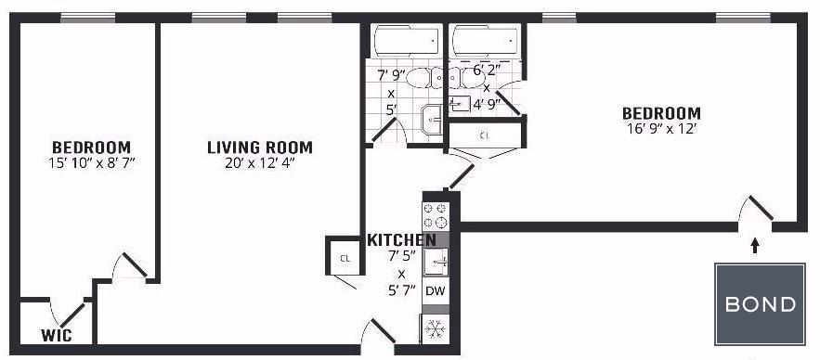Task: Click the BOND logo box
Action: (760, 303)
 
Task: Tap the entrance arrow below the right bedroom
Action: (755, 246)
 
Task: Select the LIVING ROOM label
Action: (260, 148)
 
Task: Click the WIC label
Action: (57, 335)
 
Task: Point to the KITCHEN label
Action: (401, 239)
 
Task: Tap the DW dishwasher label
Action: (436, 291)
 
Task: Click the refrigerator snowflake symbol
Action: (436, 329)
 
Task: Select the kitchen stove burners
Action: (436, 216)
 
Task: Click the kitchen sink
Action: (436, 261)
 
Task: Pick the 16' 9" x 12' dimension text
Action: (661, 129)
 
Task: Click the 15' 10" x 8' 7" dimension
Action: (92, 163)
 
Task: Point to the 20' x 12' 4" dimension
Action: (260, 163)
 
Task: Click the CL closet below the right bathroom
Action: (485, 135)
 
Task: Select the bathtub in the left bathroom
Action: (407, 41)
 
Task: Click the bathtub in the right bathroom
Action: (486, 41)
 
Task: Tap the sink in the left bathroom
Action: (432, 120)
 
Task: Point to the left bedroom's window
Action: (88, 18)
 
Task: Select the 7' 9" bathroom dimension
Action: (391, 75)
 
